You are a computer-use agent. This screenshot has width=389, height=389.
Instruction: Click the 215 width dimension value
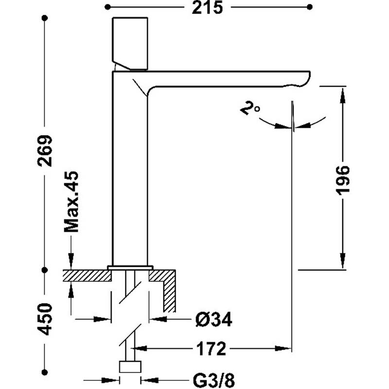208,7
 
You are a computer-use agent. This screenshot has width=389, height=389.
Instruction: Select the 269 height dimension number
45,151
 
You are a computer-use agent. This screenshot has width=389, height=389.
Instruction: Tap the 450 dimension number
45,319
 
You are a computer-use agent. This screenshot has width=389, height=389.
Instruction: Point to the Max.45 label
71,202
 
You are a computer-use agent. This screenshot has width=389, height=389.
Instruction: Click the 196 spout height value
343,180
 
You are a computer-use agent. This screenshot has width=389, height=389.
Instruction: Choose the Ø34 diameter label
214,319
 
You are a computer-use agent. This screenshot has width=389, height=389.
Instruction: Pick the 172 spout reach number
212,349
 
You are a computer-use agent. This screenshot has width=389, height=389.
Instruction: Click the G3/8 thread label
213,380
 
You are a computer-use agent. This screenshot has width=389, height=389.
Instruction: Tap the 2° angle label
250,108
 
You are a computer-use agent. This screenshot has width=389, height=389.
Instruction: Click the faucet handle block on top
130,43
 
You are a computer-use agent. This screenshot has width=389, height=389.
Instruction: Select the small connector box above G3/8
130,367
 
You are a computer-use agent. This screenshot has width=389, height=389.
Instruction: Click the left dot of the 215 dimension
107,7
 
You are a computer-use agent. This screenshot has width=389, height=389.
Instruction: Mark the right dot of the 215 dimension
310,7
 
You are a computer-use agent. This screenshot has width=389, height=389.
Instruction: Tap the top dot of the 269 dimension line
45,18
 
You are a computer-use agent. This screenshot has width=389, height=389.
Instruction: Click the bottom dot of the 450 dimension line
45,372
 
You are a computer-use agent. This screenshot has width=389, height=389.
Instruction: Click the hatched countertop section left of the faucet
87,276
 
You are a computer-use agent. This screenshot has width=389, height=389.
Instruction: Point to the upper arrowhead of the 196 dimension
343,95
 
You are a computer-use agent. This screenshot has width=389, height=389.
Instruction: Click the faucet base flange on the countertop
130,268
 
